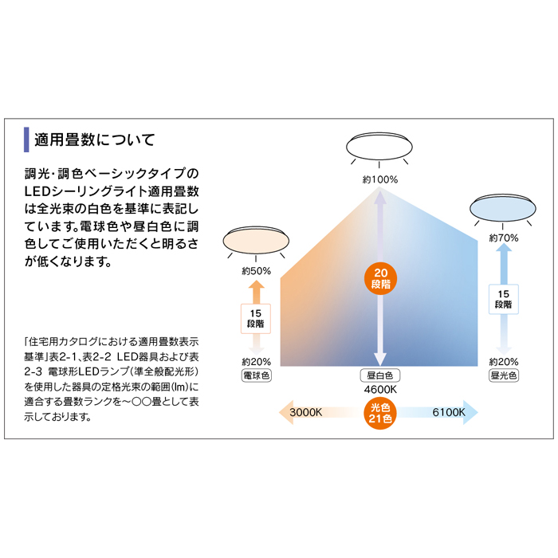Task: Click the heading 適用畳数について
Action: [x=95, y=139]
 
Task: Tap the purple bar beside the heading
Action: [x=26, y=139]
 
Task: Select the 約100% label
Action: [x=379, y=179]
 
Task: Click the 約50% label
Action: [x=256, y=271]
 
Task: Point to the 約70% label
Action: [x=504, y=238]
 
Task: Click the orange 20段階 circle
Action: [x=380, y=279]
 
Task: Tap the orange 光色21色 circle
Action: [x=380, y=413]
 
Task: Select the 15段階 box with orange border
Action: [x=256, y=319]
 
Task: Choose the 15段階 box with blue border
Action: [x=504, y=299]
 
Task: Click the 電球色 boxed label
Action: [x=256, y=375]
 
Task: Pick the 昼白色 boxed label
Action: [x=380, y=375]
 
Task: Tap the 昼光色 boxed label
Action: [x=504, y=375]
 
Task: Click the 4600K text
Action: [x=380, y=390]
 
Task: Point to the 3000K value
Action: [x=305, y=412]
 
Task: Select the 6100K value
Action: [x=449, y=412]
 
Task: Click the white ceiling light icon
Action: [x=379, y=146]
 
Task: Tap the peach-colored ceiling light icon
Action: [x=256, y=241]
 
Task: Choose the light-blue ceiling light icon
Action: [x=503, y=208]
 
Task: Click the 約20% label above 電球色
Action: [x=256, y=362]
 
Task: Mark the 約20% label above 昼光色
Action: [x=504, y=362]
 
